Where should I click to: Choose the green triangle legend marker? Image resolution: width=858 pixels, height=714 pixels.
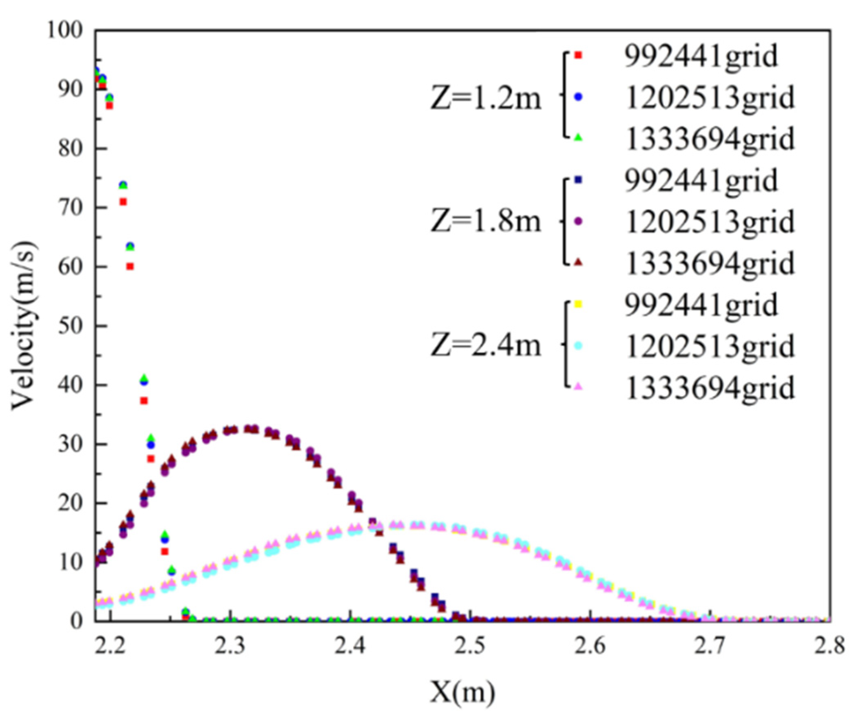578,138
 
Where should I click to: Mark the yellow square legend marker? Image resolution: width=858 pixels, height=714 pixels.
578,303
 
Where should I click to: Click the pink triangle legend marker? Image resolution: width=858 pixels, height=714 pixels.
578,387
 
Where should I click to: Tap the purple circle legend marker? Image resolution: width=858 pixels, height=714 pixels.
578,221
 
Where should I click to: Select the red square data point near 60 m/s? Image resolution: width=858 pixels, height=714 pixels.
130,266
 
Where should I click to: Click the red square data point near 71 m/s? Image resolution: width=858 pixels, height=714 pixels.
123,202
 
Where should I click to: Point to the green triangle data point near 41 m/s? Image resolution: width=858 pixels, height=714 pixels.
144,378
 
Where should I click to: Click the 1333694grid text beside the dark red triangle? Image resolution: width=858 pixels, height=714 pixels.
710,263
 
